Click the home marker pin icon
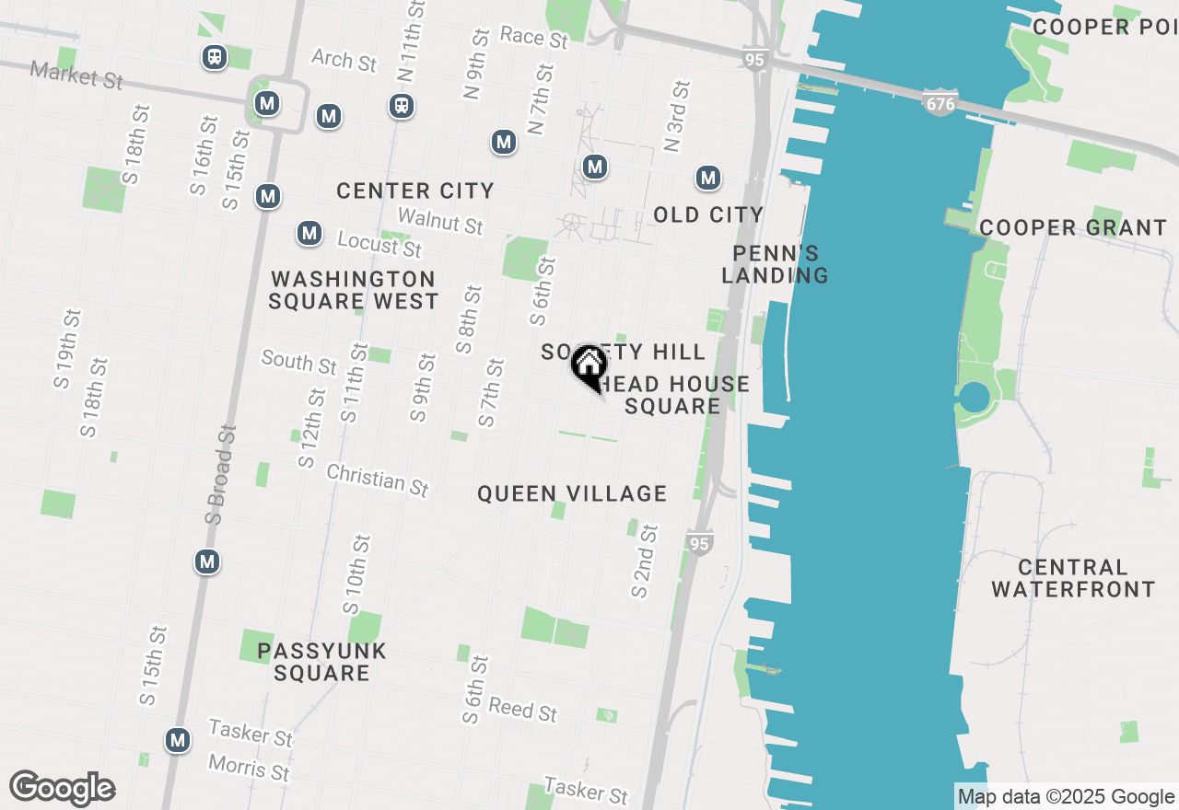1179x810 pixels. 589,366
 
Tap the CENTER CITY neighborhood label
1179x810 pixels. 415,191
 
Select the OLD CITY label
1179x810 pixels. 708,215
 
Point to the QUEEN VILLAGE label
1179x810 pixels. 572,494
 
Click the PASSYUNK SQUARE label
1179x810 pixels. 321,662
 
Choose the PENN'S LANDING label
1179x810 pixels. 775,264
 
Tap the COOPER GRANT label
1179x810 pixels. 1073,227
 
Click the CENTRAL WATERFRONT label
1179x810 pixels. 1073,578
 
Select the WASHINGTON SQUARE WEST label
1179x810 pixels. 354,290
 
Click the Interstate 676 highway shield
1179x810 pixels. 940,103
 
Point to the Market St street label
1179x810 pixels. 76,75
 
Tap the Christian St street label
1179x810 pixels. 378,480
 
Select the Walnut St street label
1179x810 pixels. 440,221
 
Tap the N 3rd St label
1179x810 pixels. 676,116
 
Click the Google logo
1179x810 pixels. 62,789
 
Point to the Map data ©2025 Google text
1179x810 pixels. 1066,797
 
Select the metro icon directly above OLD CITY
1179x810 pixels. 707,179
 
